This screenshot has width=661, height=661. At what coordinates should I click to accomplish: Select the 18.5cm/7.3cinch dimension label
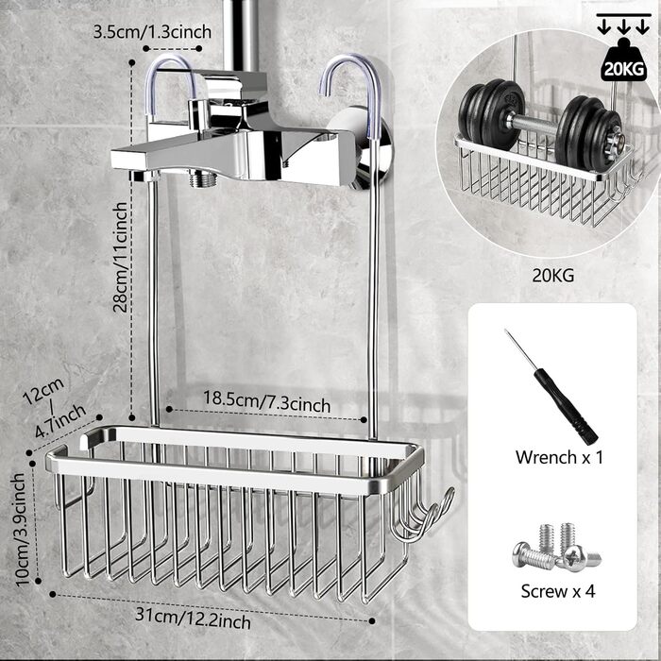(268, 404)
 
